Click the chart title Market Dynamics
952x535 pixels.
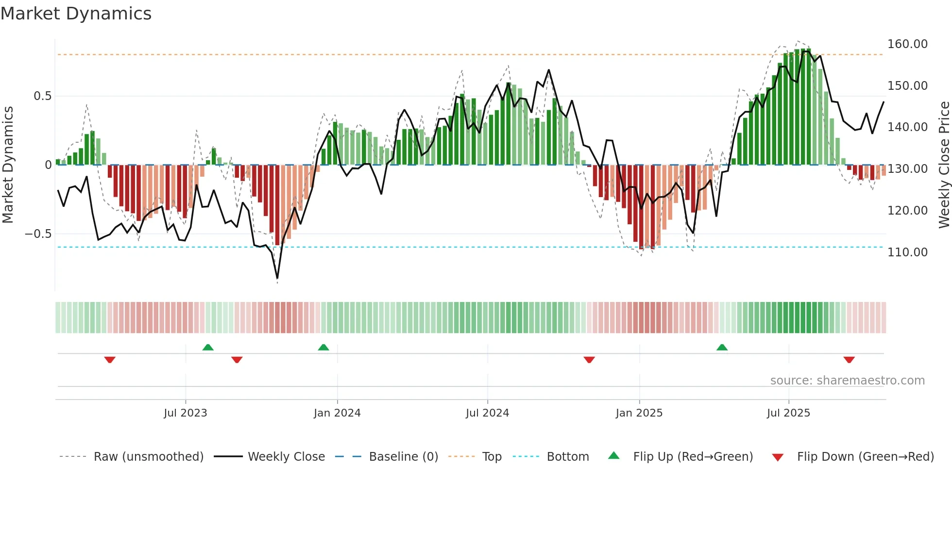point(76,14)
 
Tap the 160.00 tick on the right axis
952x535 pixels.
point(907,44)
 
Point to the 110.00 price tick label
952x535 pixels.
point(907,252)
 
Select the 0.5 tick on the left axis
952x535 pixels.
point(42,96)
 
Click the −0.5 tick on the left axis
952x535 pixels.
point(38,234)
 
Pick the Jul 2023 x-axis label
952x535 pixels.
point(185,413)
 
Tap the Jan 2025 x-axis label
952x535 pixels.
point(639,413)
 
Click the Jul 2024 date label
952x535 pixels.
point(487,413)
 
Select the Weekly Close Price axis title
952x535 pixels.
point(944,165)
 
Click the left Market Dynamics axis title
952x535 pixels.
point(8,165)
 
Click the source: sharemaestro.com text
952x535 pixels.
point(847,381)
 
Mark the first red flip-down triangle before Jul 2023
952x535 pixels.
point(110,360)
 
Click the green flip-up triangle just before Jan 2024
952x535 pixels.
point(323,347)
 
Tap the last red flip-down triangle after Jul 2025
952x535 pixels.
point(849,360)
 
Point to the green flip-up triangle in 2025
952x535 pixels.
point(722,347)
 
